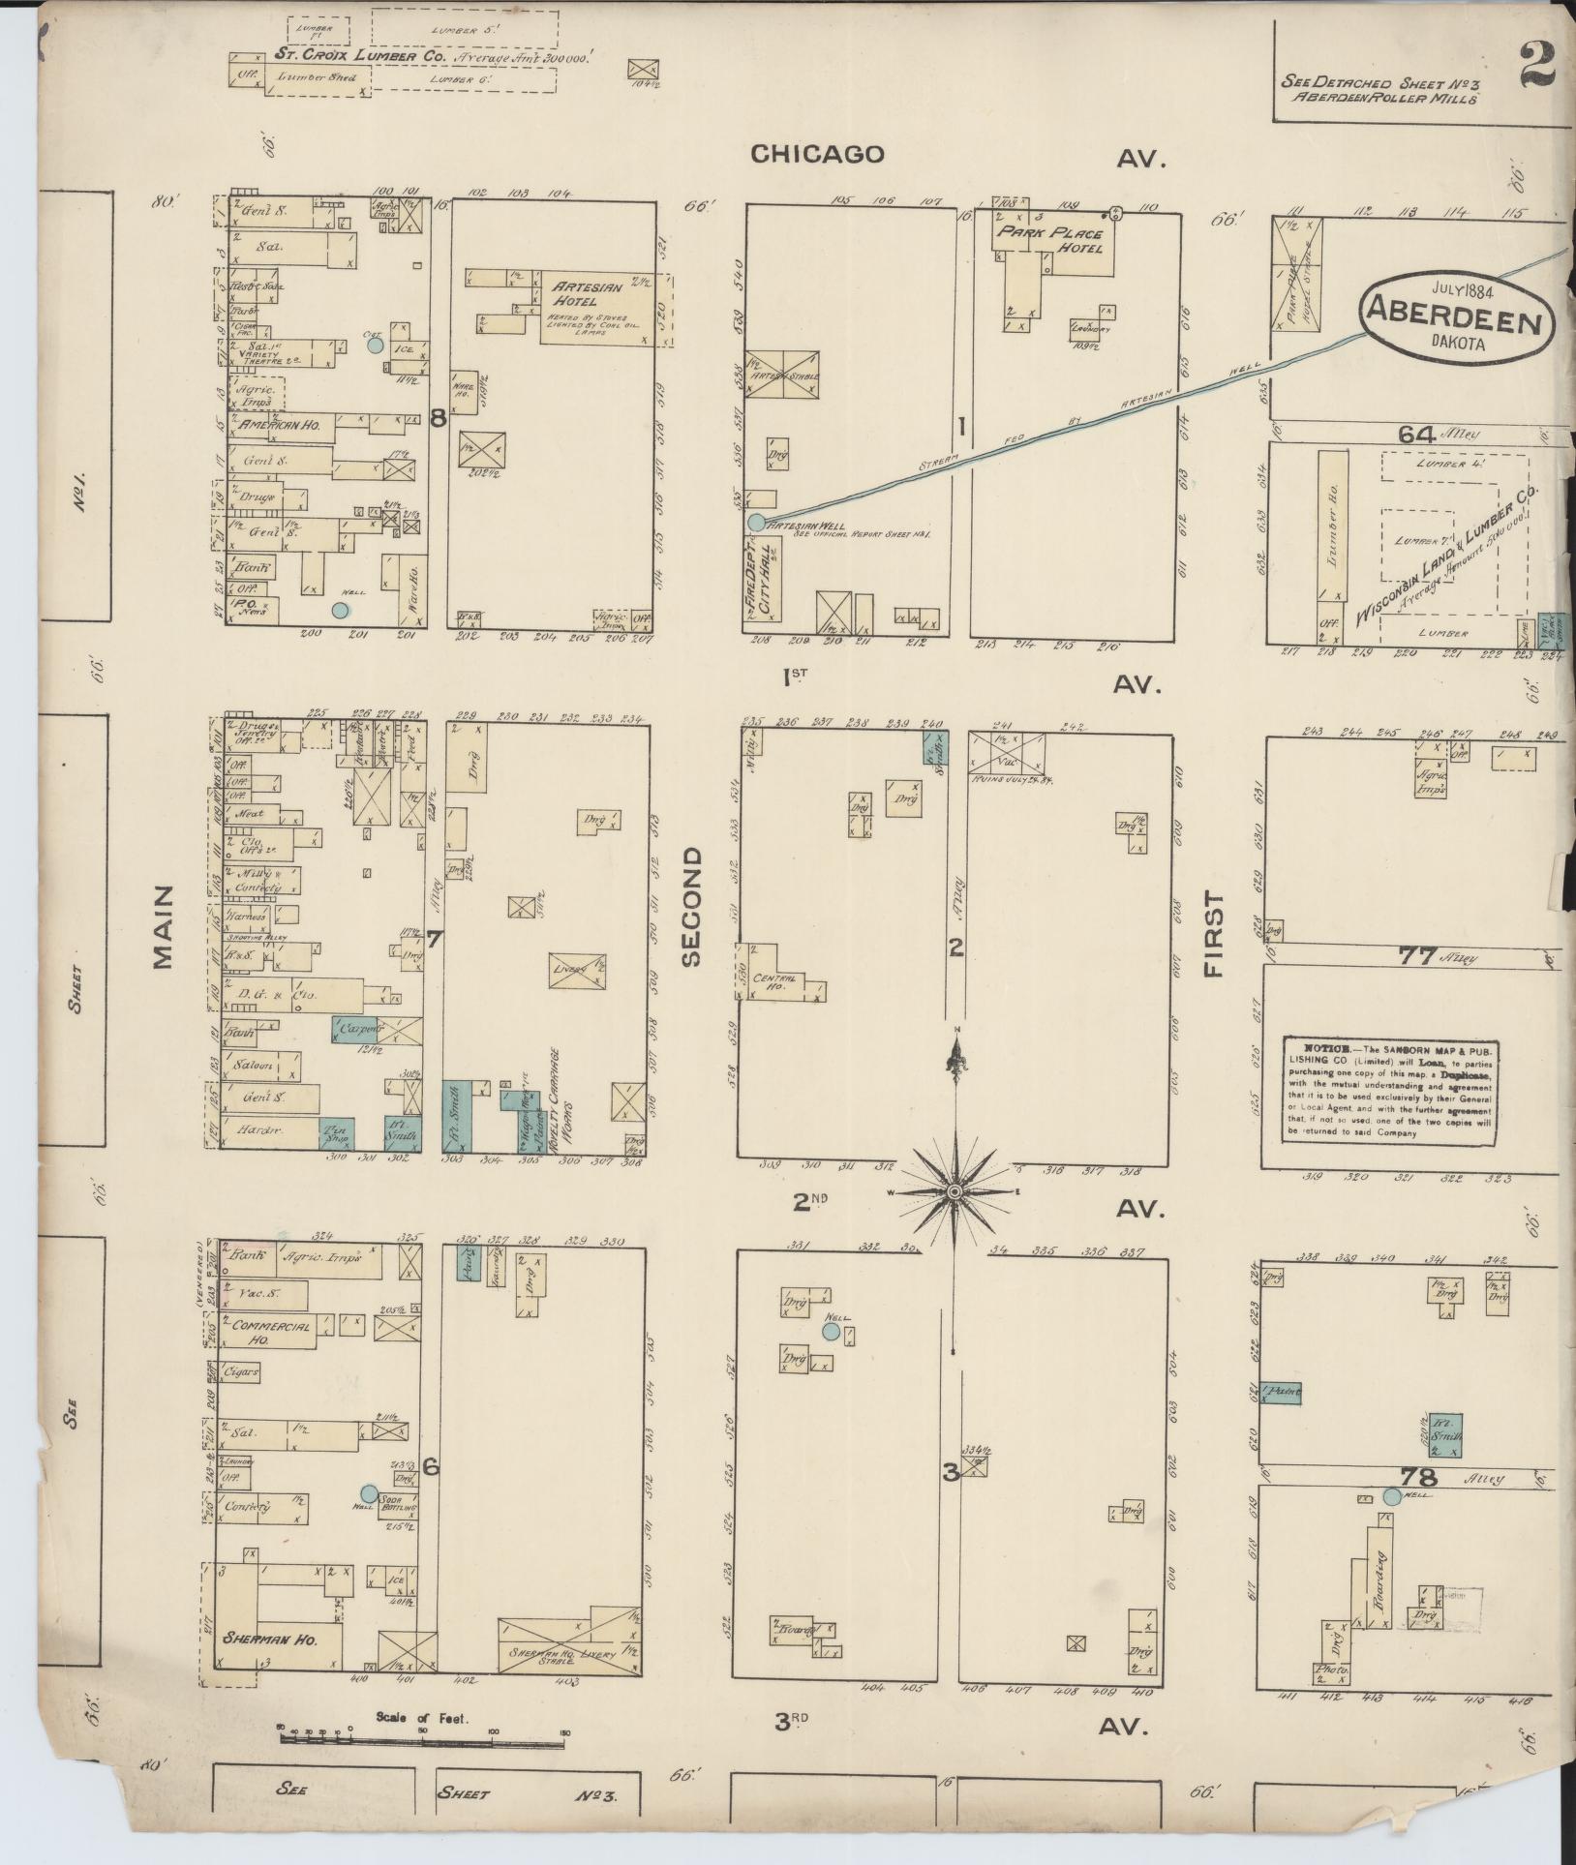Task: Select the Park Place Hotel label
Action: (x=1059, y=241)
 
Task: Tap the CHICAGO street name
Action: (x=818, y=154)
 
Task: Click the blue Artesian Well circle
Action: (x=755, y=522)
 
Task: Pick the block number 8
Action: (x=438, y=418)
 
